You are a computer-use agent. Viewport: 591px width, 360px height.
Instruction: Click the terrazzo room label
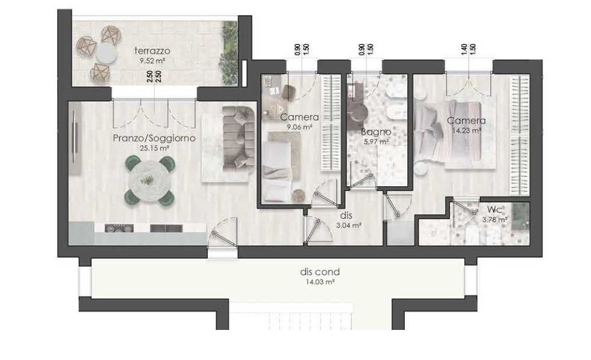pyautogui.click(x=153, y=50)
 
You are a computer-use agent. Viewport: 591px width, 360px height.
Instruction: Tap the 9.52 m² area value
pyautogui.click(x=153, y=60)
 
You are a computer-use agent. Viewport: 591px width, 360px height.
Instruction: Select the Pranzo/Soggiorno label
pyautogui.click(x=154, y=138)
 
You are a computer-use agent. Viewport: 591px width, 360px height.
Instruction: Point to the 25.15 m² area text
pyautogui.click(x=154, y=148)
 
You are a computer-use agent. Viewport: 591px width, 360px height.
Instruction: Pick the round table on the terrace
pyautogui.click(x=106, y=53)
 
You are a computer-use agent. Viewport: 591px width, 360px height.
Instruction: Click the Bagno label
pyautogui.click(x=375, y=132)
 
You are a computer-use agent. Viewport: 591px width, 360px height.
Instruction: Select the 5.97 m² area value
pyautogui.click(x=376, y=142)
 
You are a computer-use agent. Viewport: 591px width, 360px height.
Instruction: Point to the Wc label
pyautogui.click(x=494, y=210)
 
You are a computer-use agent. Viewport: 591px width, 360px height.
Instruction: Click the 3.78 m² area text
pyautogui.click(x=495, y=219)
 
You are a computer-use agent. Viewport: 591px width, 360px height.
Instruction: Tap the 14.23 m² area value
pyautogui.click(x=467, y=131)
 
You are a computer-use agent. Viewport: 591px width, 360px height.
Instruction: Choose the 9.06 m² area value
pyautogui.click(x=300, y=127)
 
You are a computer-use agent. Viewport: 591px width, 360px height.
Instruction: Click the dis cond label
pyautogui.click(x=320, y=272)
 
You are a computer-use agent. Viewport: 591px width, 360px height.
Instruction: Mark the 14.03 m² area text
pyautogui.click(x=320, y=282)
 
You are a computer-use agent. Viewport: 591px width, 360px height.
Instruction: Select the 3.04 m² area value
pyautogui.click(x=348, y=226)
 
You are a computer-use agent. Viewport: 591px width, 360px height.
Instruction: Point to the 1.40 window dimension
pyautogui.click(x=464, y=49)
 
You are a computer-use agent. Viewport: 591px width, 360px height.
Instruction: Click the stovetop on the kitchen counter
pyautogui.click(x=119, y=228)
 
